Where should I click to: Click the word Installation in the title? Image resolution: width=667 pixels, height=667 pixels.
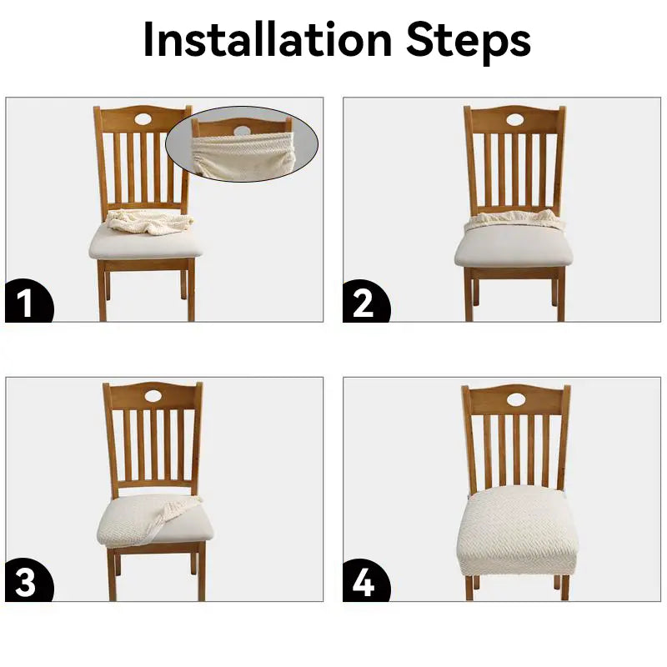[x=267, y=38]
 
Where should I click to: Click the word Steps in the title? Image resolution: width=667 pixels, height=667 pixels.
[x=469, y=42]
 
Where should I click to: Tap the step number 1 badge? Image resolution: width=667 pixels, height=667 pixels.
[x=29, y=301]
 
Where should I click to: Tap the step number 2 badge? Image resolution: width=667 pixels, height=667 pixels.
[x=366, y=302]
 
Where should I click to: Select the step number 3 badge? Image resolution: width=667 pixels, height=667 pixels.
[x=29, y=580]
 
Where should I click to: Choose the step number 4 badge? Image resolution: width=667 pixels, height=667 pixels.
[x=366, y=581]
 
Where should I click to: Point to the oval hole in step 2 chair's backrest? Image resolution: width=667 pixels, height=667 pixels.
[x=515, y=119]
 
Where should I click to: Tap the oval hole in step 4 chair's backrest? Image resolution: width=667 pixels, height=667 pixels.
[x=516, y=399]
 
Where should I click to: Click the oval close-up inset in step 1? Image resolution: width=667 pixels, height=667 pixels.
[x=242, y=144]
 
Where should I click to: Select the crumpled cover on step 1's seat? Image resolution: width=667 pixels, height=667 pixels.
[x=150, y=222]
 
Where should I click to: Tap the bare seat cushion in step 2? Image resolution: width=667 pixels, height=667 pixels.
[x=514, y=247]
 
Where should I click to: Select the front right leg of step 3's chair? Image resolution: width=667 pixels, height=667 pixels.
[x=201, y=572]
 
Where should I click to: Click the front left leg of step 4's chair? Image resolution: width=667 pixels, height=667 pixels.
[x=469, y=589]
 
